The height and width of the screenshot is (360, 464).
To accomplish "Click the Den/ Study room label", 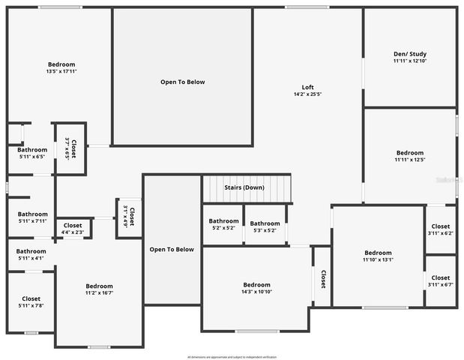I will click(x=409, y=53).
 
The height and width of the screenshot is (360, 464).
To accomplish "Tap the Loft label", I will click(x=307, y=87).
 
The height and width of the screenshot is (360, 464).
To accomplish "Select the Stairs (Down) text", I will click(x=244, y=187).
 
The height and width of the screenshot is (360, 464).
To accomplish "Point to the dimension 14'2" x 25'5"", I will click(x=307, y=95).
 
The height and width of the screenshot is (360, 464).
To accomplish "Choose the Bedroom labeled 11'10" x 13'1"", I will click(x=378, y=253).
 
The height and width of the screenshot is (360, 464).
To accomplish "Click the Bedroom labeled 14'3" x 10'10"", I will click(x=256, y=284).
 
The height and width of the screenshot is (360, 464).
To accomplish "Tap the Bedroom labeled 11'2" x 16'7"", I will click(x=99, y=286).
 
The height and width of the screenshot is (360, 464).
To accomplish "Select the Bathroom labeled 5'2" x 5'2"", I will click(x=223, y=221).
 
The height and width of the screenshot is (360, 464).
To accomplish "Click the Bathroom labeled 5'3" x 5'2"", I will click(x=265, y=223).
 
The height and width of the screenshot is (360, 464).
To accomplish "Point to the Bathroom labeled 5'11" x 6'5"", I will click(x=31, y=150).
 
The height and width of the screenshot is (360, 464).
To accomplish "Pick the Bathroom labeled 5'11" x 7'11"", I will click(x=31, y=214).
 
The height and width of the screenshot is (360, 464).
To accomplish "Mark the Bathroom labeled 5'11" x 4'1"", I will click(x=31, y=251).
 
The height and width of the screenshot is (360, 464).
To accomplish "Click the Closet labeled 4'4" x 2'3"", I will click(x=73, y=226).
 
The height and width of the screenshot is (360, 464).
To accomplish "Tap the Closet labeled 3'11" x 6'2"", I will click(x=441, y=226).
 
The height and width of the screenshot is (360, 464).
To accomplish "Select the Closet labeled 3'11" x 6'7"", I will click(x=441, y=278).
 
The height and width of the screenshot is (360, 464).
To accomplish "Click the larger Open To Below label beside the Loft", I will click(x=182, y=82).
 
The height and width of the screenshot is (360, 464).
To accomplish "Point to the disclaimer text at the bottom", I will click(x=232, y=356).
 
